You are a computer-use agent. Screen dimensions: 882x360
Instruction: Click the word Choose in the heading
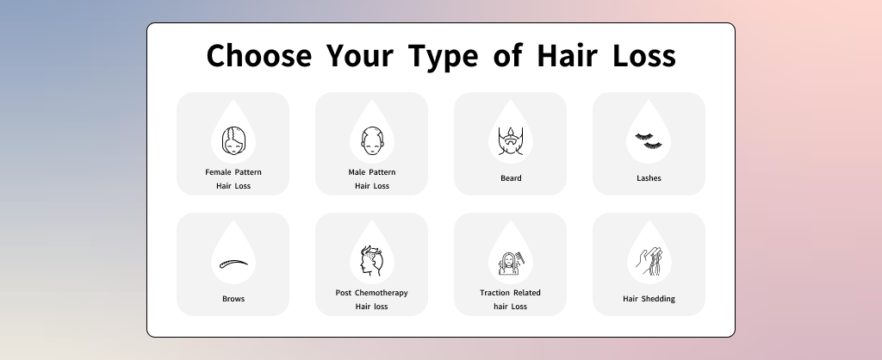[258, 56]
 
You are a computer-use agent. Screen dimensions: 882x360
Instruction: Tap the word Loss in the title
[644, 56]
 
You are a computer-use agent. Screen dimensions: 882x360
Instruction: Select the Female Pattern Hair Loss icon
[233, 140]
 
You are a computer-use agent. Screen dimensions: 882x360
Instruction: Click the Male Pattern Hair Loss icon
[372, 140]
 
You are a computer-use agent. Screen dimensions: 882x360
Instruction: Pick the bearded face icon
[511, 141]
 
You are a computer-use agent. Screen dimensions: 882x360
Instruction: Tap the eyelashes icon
[649, 140]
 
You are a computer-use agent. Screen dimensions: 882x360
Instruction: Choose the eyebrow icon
[233, 264]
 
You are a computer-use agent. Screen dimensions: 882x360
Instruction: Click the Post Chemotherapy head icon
[372, 260]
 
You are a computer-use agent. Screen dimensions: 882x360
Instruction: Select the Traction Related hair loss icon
[511, 263]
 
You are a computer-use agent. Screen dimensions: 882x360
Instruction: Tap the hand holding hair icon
[649, 261]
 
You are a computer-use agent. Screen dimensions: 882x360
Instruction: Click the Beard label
[511, 178]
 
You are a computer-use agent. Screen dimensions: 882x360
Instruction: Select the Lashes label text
[649, 178]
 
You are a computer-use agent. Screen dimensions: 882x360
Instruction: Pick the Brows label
[233, 299]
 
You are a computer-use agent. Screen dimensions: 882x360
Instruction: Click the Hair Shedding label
[649, 299]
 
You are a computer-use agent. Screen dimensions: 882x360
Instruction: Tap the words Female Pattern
[233, 172]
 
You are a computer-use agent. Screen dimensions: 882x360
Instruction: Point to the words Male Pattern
[372, 172]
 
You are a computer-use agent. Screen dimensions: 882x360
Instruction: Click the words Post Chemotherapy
[372, 293]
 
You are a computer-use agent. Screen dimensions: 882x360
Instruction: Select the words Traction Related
[510, 293]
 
